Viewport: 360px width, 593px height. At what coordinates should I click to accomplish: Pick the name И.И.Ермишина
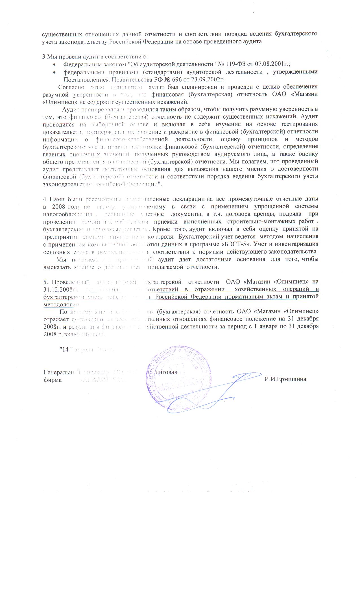[x=285, y=379]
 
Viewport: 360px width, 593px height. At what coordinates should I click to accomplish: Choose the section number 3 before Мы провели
[x=44, y=56]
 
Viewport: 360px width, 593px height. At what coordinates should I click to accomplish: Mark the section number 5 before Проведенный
[x=45, y=282]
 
